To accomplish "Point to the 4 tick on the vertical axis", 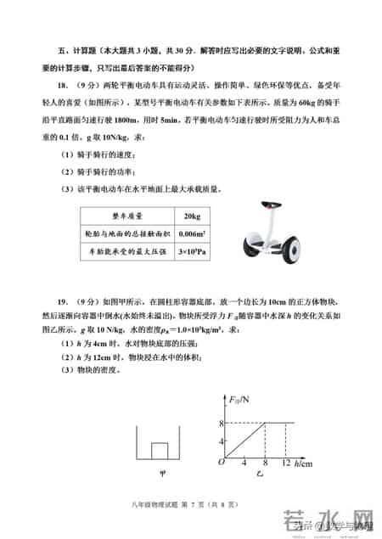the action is click(220, 441).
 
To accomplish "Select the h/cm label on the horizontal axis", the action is click(305, 466).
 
